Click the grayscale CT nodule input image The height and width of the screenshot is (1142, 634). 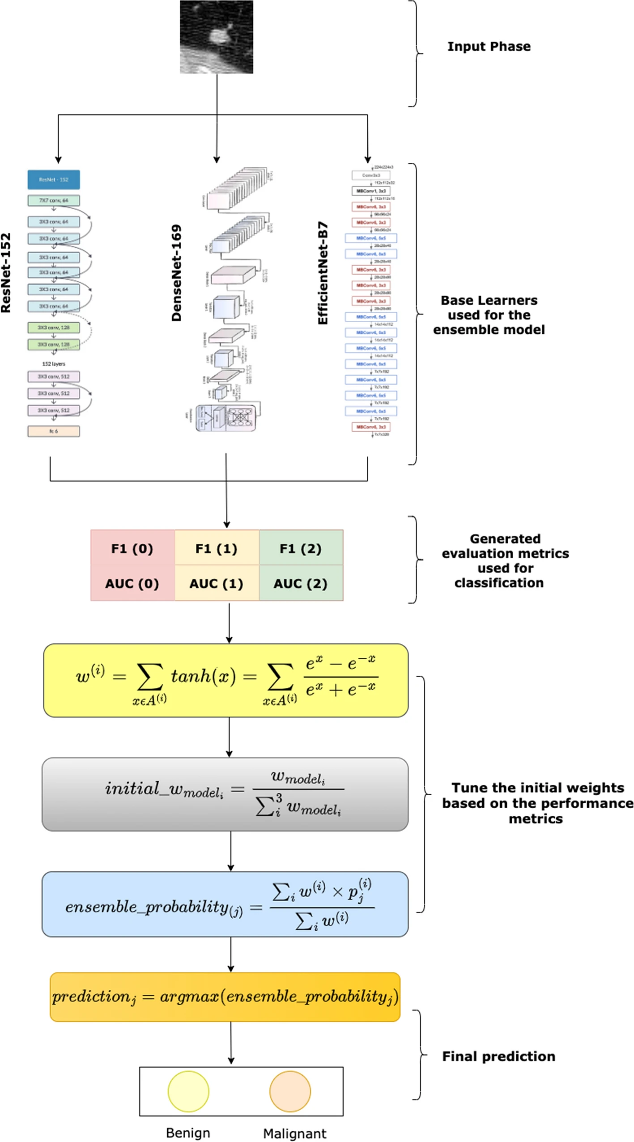pos(216,37)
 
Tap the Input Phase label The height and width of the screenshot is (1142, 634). pos(489,47)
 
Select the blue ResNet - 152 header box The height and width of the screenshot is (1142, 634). pos(54,179)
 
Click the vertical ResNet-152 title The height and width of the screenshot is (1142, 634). pos(6,273)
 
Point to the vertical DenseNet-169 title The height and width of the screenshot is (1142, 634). pos(177,273)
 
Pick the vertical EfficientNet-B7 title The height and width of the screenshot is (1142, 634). pos(323,273)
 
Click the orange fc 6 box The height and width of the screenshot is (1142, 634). pos(54,431)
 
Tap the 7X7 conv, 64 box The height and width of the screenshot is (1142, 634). pos(54,200)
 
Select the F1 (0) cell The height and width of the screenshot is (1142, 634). pos(132,548)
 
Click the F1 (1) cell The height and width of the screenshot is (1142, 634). pos(216,548)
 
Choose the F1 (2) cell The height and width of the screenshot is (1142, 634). pos(300,548)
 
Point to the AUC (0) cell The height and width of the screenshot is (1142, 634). pos(132,583)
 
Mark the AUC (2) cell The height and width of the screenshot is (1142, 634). pos(300,583)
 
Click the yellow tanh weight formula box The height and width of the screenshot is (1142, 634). pos(226,680)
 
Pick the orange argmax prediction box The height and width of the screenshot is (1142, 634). pos(225,996)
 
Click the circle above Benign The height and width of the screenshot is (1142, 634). pos(188,1091)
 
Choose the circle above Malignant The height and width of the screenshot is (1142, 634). pos(290,1091)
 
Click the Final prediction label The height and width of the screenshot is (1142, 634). pos(498,1056)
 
